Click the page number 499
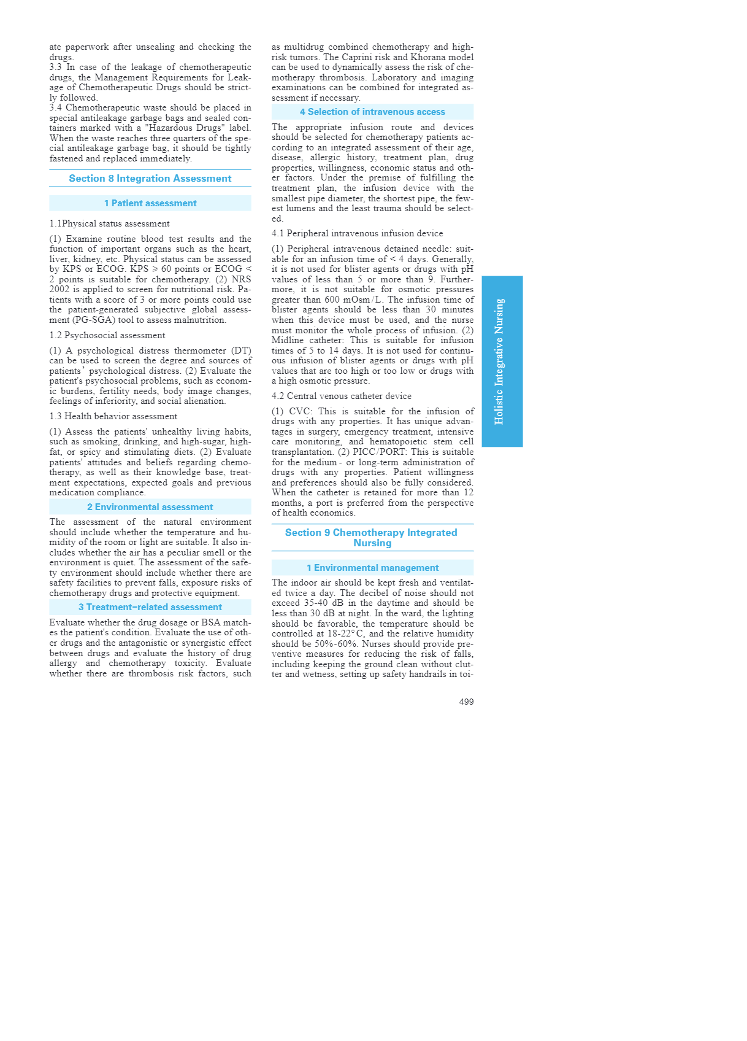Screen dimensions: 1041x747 click(466, 702)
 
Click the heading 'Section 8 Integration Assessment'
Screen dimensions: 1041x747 click(150, 179)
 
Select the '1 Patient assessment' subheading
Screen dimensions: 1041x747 click(150, 203)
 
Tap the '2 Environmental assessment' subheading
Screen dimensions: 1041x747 click(150, 507)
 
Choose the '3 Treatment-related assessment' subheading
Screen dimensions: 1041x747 click(150, 607)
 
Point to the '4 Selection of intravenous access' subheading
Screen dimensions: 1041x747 click(372, 112)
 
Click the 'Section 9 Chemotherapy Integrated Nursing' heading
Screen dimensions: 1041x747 click(372, 538)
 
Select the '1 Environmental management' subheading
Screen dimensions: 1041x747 click(372, 568)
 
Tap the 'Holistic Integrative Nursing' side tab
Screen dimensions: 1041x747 click(502, 362)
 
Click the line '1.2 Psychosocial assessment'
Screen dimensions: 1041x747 click(107, 335)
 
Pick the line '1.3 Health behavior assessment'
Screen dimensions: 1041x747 click(113, 416)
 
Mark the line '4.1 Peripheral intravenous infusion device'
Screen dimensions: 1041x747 click(357, 233)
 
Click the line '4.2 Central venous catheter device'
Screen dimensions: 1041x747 click(342, 396)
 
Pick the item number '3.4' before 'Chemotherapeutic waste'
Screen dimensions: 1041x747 click(56, 107)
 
